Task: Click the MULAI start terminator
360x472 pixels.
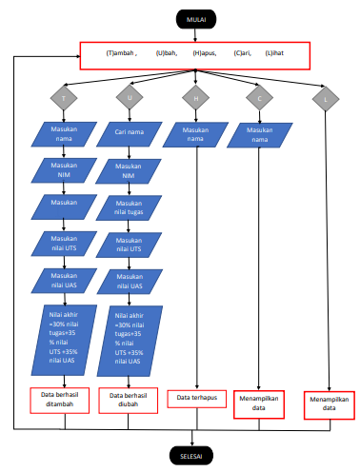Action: (x=195, y=17)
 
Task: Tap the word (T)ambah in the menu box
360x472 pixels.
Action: (x=121, y=54)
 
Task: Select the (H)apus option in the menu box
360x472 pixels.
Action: (x=204, y=54)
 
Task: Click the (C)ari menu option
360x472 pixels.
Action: (x=243, y=54)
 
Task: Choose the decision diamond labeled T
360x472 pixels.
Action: (x=64, y=98)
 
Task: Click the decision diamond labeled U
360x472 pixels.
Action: (x=130, y=98)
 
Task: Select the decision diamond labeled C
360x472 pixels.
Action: (x=259, y=98)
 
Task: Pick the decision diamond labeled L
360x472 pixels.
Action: (x=327, y=98)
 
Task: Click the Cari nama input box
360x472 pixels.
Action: (x=130, y=132)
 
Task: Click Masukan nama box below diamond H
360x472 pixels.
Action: (x=194, y=134)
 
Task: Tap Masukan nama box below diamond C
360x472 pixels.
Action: (x=259, y=134)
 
